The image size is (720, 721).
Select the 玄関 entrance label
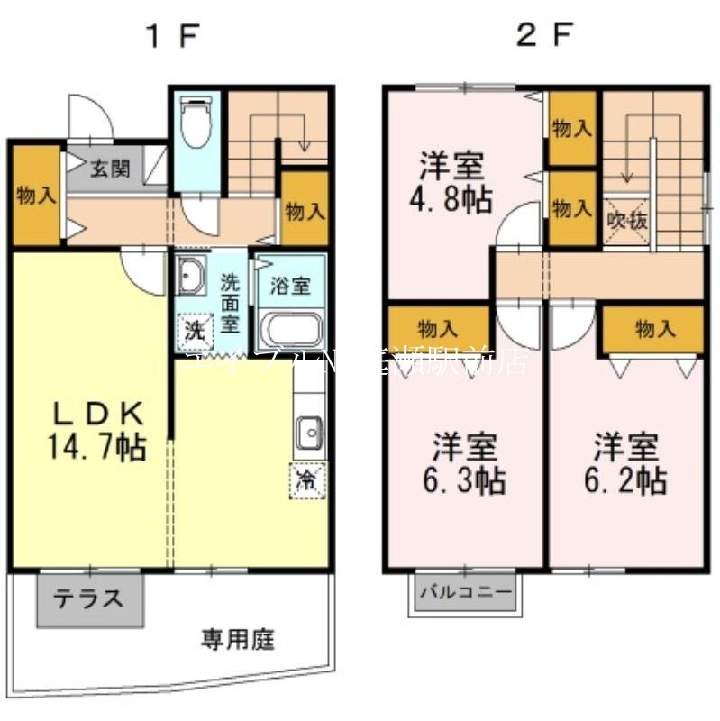(109, 168)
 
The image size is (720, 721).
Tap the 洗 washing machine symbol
(194, 328)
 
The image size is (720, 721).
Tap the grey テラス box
(90, 599)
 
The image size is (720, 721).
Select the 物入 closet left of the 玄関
(36, 196)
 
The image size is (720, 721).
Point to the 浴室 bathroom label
(290, 287)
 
